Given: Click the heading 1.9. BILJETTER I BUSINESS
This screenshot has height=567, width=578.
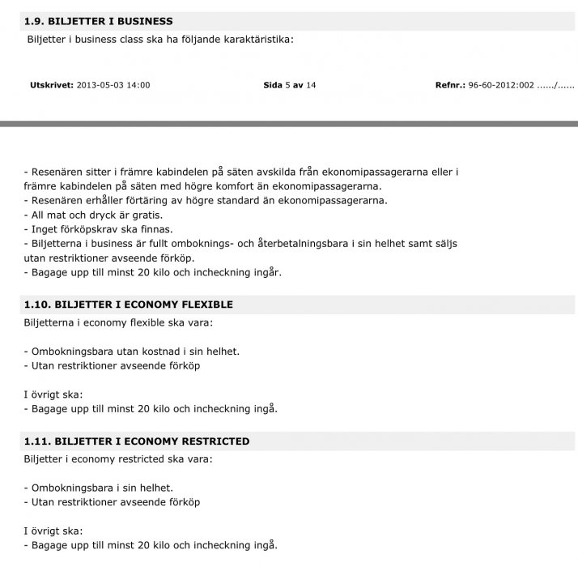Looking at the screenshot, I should coord(99,21).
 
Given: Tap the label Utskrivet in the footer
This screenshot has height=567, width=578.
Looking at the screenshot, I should coord(51,85).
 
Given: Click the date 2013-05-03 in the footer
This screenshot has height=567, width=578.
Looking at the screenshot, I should coord(100,85).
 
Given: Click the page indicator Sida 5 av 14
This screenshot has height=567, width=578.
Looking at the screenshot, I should coord(289,85).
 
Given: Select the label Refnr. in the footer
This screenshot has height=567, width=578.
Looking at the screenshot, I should coord(450,85).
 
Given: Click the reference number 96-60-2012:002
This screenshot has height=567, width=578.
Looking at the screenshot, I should coord(501,85).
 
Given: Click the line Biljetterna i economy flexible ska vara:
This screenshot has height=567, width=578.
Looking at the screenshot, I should coord(118,322).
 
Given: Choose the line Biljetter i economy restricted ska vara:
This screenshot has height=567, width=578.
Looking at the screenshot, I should coord(118,459).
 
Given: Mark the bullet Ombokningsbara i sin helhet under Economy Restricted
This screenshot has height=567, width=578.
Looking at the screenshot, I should coord(102,488).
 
